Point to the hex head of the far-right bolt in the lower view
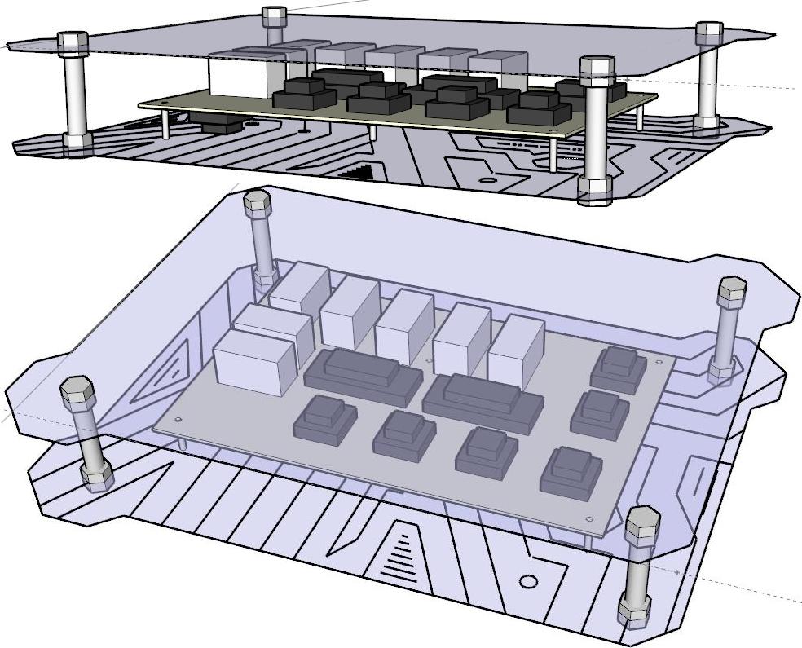(731, 291)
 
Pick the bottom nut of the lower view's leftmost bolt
(97, 476)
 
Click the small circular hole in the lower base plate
(528, 582)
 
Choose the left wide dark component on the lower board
(364, 376)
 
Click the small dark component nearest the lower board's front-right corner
(571, 472)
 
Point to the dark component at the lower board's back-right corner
(619, 369)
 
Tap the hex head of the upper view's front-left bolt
(73, 43)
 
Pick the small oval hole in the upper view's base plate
(487, 179)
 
